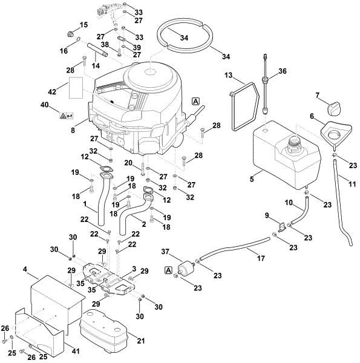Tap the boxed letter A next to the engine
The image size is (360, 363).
(x=195, y=102)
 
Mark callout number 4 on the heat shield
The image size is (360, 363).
(x=25, y=269)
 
